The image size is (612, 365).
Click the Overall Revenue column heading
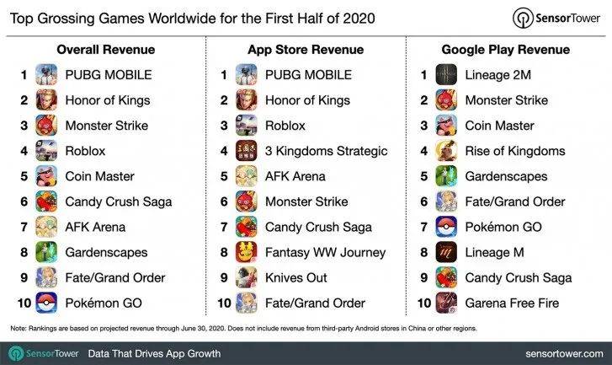click(x=102, y=48)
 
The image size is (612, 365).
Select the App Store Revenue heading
click(x=306, y=48)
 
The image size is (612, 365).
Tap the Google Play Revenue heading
click(x=508, y=48)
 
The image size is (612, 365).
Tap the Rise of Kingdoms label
click(x=515, y=151)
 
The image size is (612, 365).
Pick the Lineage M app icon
click(x=446, y=252)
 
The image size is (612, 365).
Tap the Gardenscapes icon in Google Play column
click(x=446, y=176)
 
